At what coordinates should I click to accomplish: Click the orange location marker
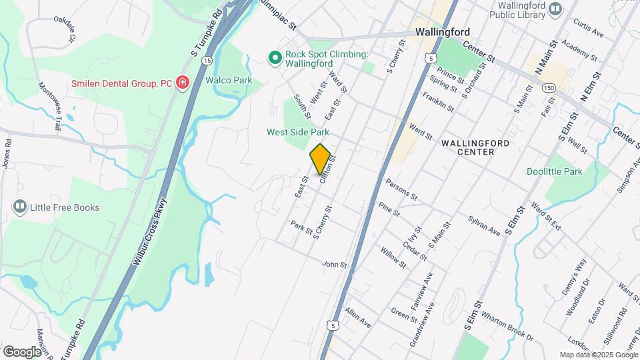320,159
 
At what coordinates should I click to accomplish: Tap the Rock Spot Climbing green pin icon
274,59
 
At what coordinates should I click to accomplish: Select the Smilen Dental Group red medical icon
181,83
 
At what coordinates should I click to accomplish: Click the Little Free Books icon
20,207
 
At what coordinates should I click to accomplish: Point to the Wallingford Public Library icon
555,9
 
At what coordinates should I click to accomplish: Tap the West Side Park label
298,132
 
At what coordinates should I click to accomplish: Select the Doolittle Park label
554,171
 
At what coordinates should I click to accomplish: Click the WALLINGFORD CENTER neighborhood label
475,147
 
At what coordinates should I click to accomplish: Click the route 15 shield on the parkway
207,60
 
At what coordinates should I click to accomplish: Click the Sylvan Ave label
484,225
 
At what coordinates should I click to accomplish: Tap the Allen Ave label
358,317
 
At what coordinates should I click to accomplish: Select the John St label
335,265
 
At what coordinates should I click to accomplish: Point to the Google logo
21,351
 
